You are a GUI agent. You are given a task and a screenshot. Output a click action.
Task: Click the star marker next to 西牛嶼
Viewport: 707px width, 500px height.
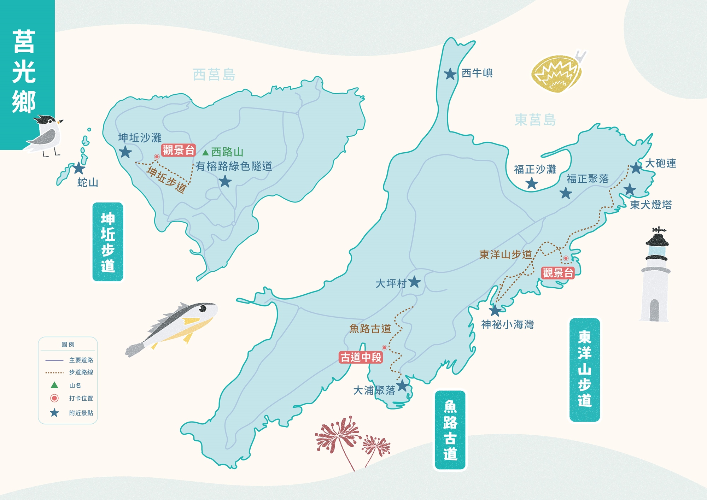click(450, 74)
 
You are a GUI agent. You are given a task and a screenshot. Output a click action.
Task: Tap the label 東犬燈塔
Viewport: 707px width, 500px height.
click(651, 205)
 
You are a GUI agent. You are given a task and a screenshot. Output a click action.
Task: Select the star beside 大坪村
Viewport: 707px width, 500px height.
click(414, 282)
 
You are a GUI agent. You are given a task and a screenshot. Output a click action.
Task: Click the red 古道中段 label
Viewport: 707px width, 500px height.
click(361, 357)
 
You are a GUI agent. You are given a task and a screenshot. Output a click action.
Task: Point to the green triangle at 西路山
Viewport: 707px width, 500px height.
click(205, 153)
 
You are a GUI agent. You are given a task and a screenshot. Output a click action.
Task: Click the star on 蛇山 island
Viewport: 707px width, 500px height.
click(78, 168)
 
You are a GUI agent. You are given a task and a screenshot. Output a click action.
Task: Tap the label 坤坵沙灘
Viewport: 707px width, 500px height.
click(140, 137)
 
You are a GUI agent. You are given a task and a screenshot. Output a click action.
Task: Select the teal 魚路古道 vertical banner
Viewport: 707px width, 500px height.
click(450, 430)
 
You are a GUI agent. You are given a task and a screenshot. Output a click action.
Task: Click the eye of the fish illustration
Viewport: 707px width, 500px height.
click(203, 309)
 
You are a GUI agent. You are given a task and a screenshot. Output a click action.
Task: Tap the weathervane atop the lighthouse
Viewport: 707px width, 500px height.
click(659, 230)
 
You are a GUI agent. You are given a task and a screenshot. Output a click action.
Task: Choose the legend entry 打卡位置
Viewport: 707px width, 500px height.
click(81, 398)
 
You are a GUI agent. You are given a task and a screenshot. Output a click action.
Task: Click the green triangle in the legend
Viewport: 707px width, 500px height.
click(54, 385)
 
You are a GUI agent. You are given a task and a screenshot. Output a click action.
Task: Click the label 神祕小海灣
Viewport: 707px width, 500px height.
click(507, 324)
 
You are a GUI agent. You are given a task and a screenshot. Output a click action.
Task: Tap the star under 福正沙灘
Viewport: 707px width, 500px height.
click(532, 183)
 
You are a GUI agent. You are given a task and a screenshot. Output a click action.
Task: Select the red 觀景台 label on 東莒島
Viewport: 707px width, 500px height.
click(558, 273)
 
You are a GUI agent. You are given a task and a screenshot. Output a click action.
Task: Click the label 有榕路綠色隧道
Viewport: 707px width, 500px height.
click(234, 166)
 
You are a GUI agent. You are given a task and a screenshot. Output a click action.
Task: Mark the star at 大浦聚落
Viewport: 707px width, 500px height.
click(402, 386)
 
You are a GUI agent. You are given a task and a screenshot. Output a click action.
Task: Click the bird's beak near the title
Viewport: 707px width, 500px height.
click(61, 121)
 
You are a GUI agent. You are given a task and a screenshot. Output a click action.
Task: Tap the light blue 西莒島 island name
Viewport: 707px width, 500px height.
click(214, 75)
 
